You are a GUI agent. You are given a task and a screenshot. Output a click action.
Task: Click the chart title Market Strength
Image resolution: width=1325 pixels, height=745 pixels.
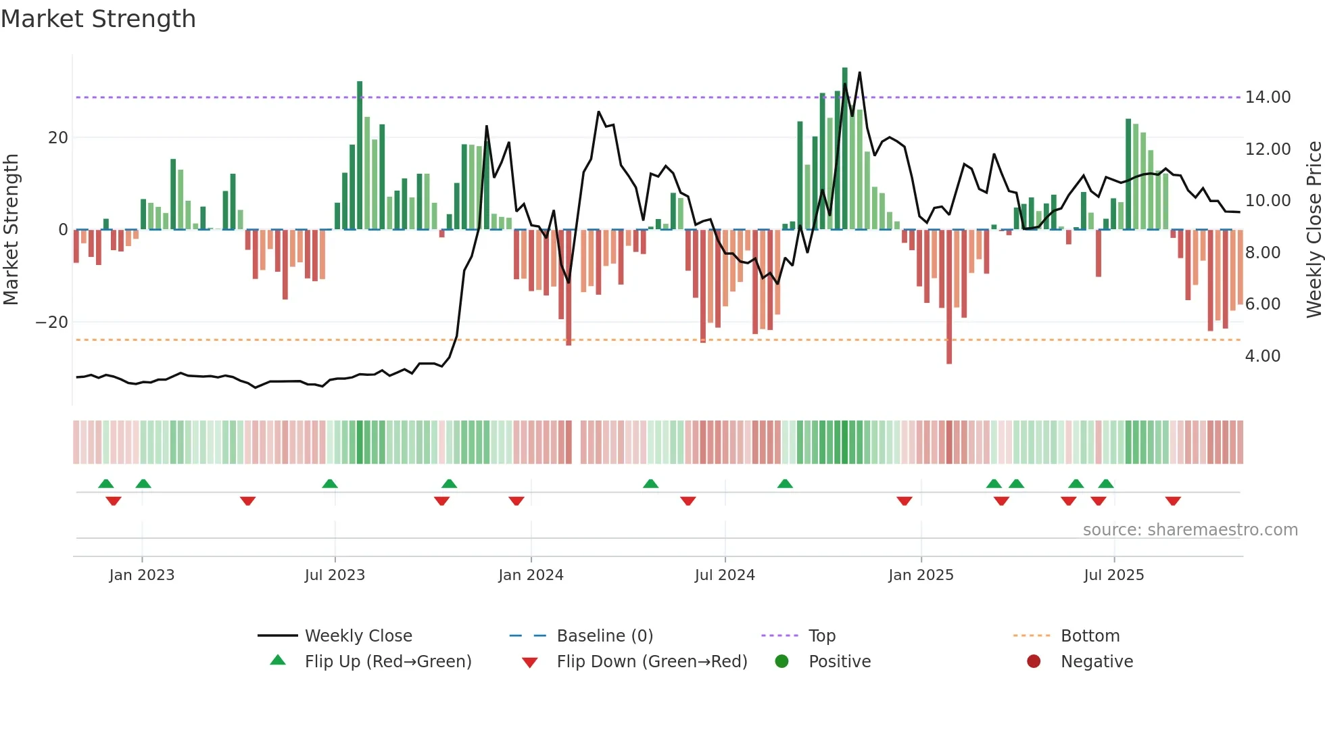(x=98, y=19)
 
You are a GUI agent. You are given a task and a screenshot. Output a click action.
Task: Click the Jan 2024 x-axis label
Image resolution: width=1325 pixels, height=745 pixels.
(x=531, y=575)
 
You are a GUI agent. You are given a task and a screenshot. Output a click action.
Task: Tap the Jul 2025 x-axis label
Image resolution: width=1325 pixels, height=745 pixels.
(x=1113, y=575)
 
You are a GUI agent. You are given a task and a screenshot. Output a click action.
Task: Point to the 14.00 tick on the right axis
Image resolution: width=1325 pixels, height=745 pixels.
(x=1268, y=97)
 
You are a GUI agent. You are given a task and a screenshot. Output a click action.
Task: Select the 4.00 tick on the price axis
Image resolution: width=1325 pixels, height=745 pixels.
(x=1262, y=356)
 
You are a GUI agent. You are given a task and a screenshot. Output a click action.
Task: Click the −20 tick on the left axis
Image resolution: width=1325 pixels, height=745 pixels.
(x=52, y=322)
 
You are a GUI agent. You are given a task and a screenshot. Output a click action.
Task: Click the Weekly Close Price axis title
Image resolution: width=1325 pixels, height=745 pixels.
(x=1314, y=230)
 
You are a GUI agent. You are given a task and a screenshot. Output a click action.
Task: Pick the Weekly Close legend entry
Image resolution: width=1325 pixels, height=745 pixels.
(x=358, y=636)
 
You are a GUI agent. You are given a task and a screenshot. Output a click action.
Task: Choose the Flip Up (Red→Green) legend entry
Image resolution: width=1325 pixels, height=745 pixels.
(x=387, y=662)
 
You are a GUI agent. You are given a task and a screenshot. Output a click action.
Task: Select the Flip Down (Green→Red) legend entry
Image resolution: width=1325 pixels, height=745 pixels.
(x=652, y=662)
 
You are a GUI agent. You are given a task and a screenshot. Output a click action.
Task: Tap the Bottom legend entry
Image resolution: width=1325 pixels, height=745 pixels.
(x=1090, y=636)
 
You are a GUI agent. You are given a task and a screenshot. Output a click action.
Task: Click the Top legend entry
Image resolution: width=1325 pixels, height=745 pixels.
(x=822, y=636)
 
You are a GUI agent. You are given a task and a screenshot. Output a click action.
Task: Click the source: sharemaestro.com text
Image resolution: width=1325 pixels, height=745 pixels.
(x=1190, y=530)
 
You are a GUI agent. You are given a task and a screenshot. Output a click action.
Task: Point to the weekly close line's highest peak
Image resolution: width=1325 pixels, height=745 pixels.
(x=859, y=73)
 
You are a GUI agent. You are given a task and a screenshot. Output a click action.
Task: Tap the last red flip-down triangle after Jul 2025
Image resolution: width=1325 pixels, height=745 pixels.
(x=1173, y=501)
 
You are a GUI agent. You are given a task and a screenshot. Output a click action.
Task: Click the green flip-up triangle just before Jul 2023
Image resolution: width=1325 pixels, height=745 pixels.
(x=330, y=483)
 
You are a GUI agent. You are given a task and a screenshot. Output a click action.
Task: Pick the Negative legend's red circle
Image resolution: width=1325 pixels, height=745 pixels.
(x=1034, y=662)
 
